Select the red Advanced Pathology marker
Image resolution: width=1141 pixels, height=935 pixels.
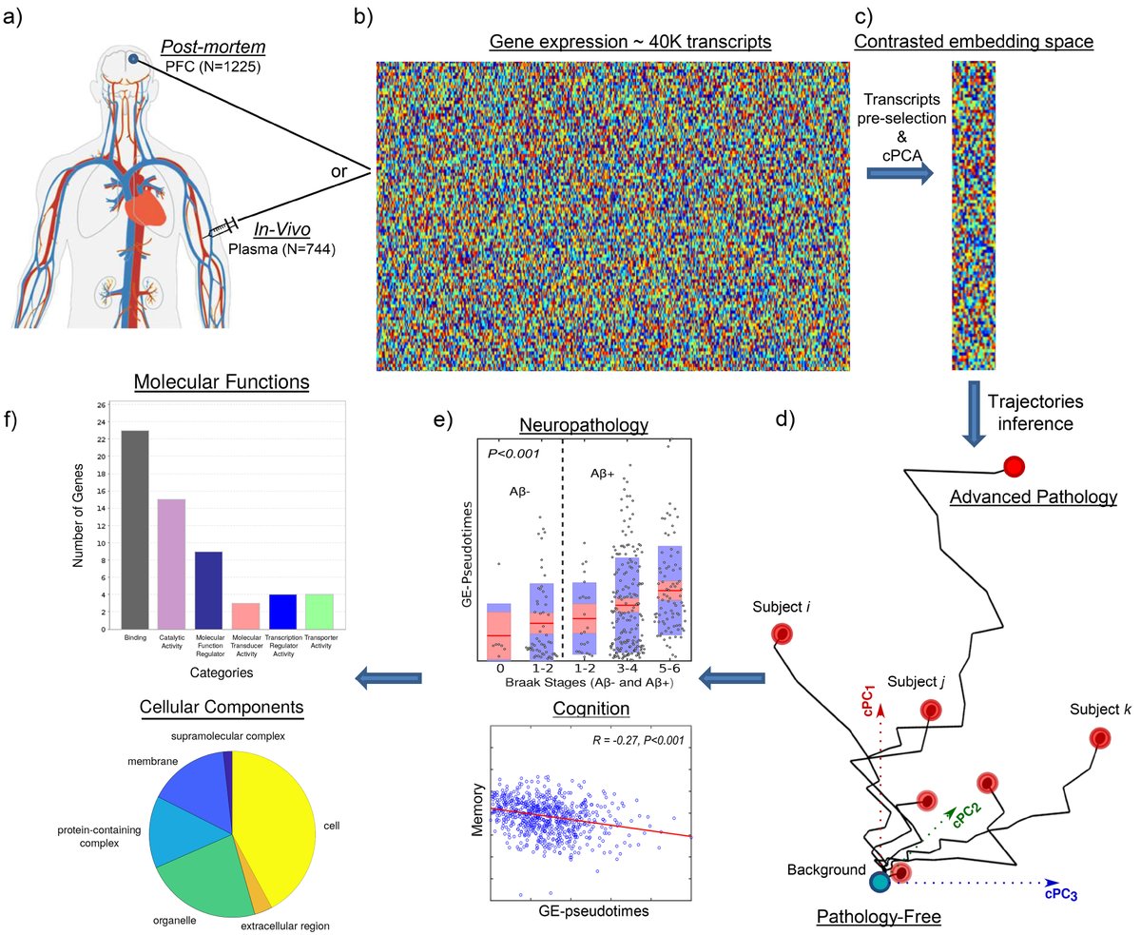[1014, 466]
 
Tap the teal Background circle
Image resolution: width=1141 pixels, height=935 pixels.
[880, 882]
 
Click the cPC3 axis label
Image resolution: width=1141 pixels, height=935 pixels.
[1061, 893]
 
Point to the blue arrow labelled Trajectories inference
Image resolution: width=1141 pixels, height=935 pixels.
[975, 413]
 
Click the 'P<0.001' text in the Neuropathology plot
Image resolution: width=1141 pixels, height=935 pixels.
[513, 454]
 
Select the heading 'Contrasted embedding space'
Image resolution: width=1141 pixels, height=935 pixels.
[974, 42]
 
